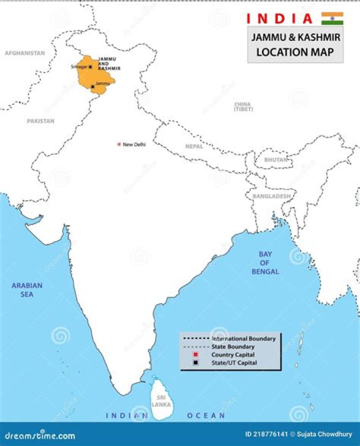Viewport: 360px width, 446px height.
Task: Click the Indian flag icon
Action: (332, 18)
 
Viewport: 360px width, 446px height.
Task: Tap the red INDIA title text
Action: (279, 19)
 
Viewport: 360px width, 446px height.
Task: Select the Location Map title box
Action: (295, 45)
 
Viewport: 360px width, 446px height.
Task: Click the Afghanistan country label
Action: (24, 53)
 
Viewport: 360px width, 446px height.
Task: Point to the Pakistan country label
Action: (40, 121)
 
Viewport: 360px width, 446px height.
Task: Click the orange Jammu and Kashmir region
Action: (95, 77)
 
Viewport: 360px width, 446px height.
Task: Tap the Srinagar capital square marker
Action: (90, 67)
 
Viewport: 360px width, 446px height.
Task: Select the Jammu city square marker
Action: (93, 86)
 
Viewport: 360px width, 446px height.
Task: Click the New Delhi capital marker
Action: (119, 144)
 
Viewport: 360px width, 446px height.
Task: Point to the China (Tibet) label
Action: (243, 106)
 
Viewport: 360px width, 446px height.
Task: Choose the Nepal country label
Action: (194, 146)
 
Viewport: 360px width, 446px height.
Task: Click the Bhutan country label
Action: (276, 160)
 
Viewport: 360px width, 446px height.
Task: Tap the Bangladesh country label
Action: (271, 196)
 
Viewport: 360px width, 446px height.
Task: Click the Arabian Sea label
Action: (27, 290)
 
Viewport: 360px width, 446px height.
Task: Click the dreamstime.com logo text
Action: (38, 436)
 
